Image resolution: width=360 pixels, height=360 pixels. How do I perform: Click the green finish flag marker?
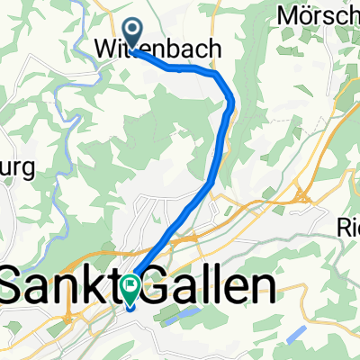(131, 291)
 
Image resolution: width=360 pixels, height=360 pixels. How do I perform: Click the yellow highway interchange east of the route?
(301, 195)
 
